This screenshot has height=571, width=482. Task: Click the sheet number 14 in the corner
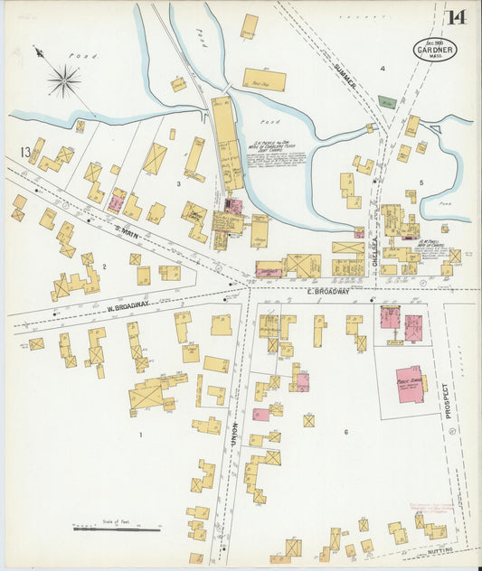coord(457,17)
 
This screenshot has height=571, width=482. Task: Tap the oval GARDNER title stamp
coord(435,50)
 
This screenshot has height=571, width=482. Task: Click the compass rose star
coord(63,81)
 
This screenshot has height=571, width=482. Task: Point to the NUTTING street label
coord(444,549)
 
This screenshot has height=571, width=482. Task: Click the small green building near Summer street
coord(386,102)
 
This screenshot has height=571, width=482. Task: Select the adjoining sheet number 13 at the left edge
coord(26,151)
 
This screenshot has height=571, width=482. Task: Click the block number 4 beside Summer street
coord(383,69)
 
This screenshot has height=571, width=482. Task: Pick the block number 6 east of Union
coord(345,433)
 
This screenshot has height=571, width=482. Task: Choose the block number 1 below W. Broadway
coord(141,435)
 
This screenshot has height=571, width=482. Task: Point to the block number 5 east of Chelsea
coord(421,183)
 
